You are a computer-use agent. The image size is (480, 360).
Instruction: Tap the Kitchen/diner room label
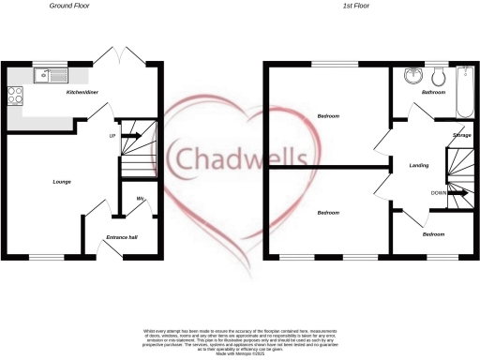click(82, 93)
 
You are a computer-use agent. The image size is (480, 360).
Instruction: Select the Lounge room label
click(62, 182)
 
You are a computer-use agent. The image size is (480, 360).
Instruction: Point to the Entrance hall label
click(121, 238)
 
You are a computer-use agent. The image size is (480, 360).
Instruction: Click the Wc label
click(140, 199)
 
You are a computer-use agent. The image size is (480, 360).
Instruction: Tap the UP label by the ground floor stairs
click(112, 136)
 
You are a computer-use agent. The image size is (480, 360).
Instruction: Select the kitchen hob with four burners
click(15, 94)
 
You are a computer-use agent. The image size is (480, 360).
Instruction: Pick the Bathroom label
click(432, 94)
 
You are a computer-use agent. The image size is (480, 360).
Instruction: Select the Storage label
click(461, 136)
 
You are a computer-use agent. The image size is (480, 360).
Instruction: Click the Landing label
click(419, 165)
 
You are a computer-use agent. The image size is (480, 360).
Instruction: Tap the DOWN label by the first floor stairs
click(437, 193)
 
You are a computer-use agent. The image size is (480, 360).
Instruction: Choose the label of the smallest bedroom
click(433, 234)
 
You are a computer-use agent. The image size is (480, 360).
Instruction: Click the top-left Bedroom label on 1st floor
click(327, 116)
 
